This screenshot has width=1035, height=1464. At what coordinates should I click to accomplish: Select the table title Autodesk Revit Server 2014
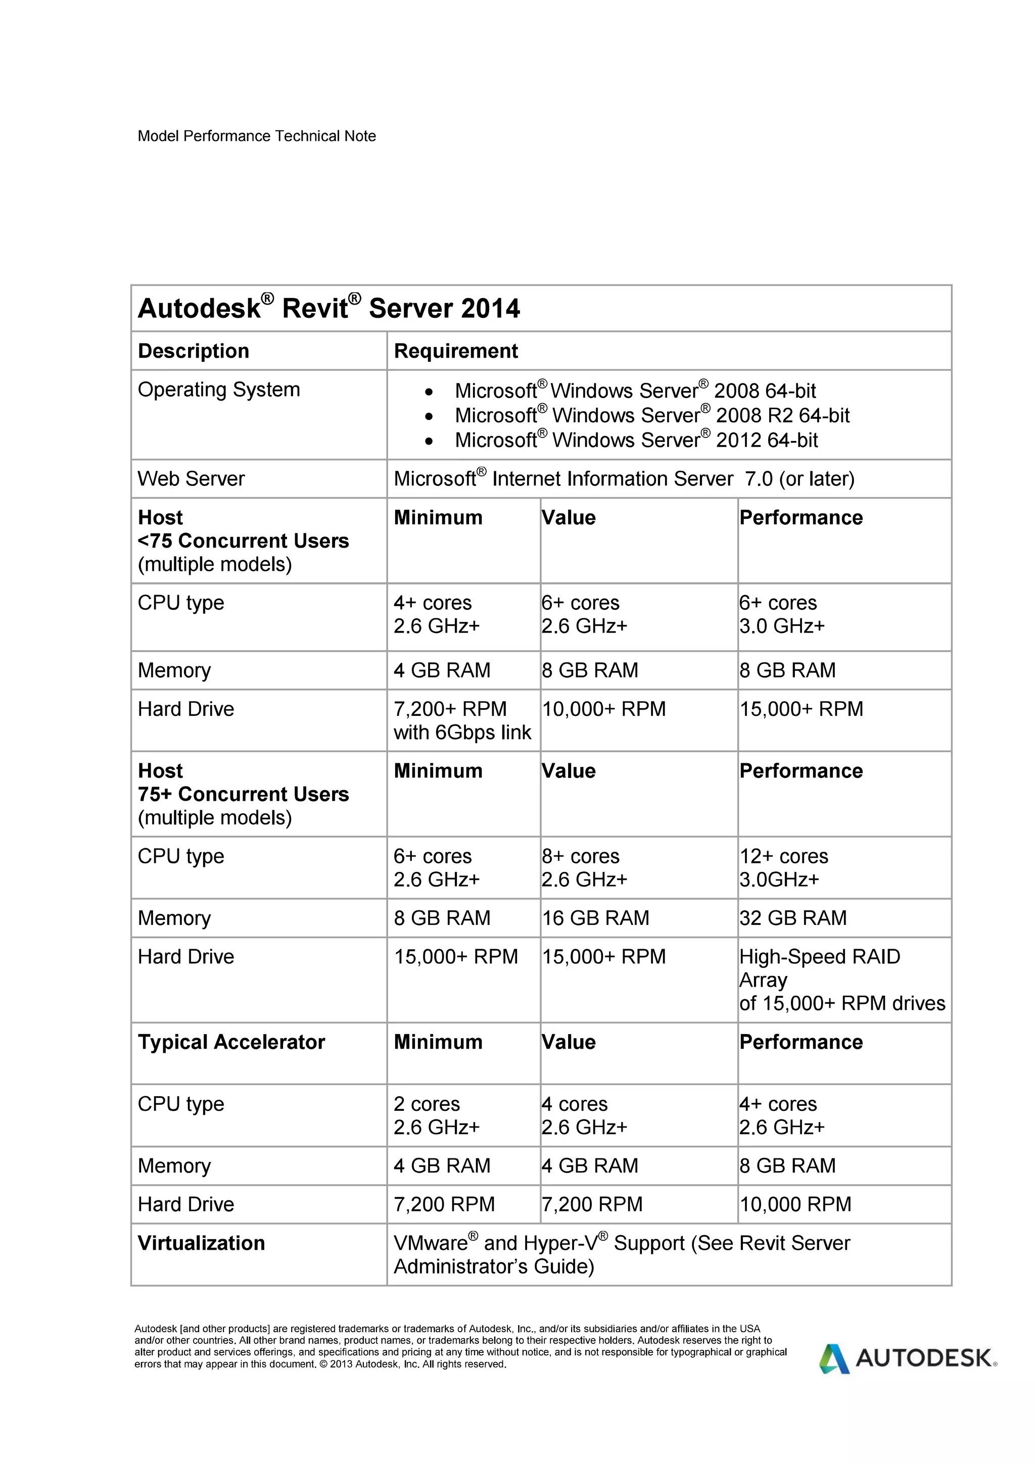(328, 309)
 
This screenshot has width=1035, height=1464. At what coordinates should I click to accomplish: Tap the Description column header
(193, 351)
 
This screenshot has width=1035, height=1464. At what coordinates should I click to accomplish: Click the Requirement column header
(455, 351)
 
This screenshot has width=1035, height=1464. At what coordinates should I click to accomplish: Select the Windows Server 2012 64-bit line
(635, 440)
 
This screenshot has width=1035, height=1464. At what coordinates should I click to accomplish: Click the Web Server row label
(191, 478)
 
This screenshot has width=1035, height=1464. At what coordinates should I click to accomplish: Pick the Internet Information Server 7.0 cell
(623, 478)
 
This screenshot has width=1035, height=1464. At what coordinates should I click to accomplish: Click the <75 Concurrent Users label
(243, 541)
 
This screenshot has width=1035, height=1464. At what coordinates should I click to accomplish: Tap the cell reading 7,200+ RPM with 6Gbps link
(462, 720)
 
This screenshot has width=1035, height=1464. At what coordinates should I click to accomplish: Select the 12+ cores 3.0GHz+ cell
(783, 867)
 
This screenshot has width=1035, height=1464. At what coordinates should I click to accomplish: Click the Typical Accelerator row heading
(231, 1042)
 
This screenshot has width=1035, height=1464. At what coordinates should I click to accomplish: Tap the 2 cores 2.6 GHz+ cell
(436, 1115)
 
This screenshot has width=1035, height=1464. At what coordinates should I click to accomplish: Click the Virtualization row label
(201, 1243)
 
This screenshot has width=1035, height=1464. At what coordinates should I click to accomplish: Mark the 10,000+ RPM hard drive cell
(603, 709)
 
